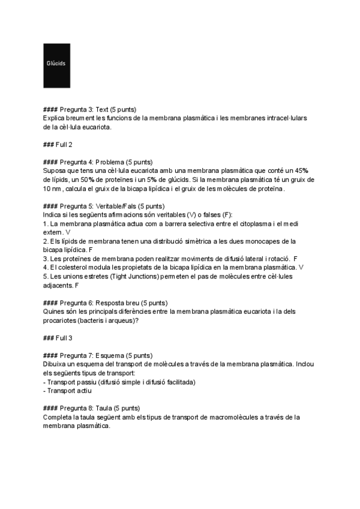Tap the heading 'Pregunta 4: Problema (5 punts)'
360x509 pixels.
click(x=98, y=162)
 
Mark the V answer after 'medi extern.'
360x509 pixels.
click(x=67, y=232)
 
